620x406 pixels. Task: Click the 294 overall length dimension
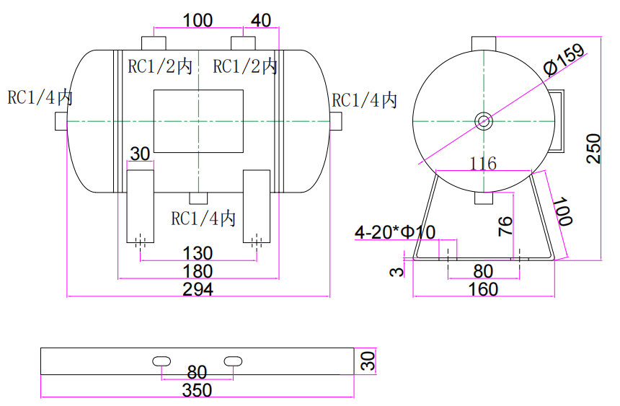(x=198, y=289)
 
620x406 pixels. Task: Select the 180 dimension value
(x=198, y=271)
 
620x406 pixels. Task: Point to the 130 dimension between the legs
(x=198, y=253)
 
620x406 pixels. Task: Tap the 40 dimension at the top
(x=261, y=20)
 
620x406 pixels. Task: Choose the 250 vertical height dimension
(x=593, y=149)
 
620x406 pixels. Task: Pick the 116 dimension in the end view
(x=483, y=164)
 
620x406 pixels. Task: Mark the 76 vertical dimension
(x=506, y=226)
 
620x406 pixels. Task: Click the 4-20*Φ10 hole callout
(x=395, y=232)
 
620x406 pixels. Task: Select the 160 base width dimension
(x=483, y=289)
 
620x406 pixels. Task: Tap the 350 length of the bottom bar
(x=197, y=390)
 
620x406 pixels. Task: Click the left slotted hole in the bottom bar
(x=161, y=361)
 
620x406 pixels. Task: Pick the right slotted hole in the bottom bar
(x=234, y=361)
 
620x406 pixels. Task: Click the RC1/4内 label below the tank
(x=203, y=218)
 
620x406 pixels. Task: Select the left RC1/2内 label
(x=160, y=67)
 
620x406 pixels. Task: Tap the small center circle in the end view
(x=483, y=120)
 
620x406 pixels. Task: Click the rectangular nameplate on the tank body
(x=198, y=121)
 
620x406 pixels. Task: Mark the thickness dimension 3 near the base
(x=394, y=271)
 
